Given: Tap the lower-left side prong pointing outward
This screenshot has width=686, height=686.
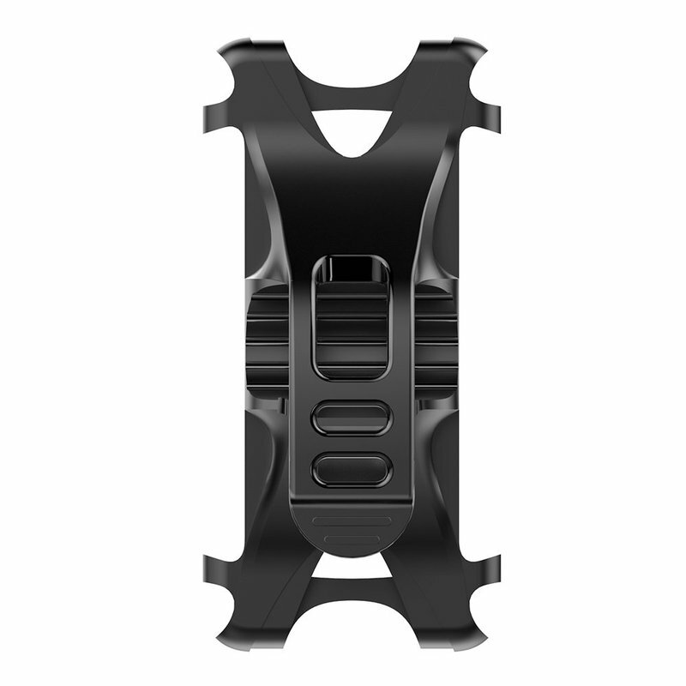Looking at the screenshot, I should coord(211,566).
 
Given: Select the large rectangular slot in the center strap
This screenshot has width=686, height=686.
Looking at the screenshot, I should coord(352,334).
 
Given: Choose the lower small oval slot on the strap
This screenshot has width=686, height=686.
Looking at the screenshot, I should coord(352,468).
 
